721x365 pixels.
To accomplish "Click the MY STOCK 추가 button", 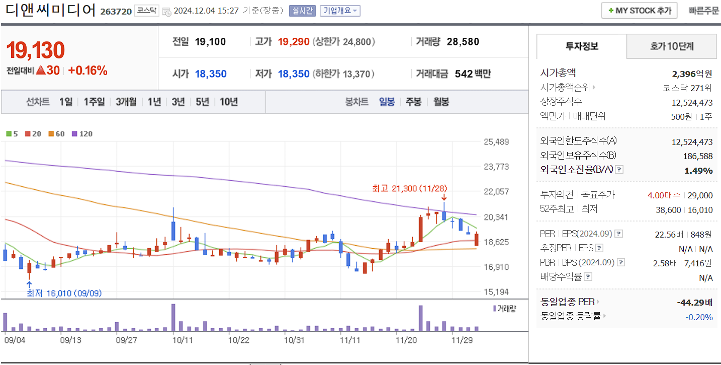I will pyautogui.click(x=639, y=11).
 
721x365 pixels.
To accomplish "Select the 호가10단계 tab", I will pyautogui.click(x=671, y=47).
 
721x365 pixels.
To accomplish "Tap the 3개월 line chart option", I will pyautogui.click(x=126, y=102).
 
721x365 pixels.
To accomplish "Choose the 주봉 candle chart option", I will pyautogui.click(x=413, y=102).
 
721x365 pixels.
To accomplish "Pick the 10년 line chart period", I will pyautogui.click(x=229, y=102).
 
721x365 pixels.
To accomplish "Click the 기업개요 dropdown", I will pyautogui.click(x=340, y=11).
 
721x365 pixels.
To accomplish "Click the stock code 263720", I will pyautogui.click(x=116, y=12).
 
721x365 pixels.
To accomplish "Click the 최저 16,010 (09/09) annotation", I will pyautogui.click(x=64, y=293).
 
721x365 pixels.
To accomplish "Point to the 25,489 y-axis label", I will pyautogui.click(x=496, y=142).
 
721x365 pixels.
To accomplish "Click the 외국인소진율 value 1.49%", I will pyautogui.click(x=698, y=171).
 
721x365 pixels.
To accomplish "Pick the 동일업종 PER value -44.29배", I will pyautogui.click(x=694, y=303).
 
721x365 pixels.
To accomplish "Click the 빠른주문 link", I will pyautogui.click(x=704, y=11).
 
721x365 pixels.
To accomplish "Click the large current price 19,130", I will pyautogui.click(x=36, y=50).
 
